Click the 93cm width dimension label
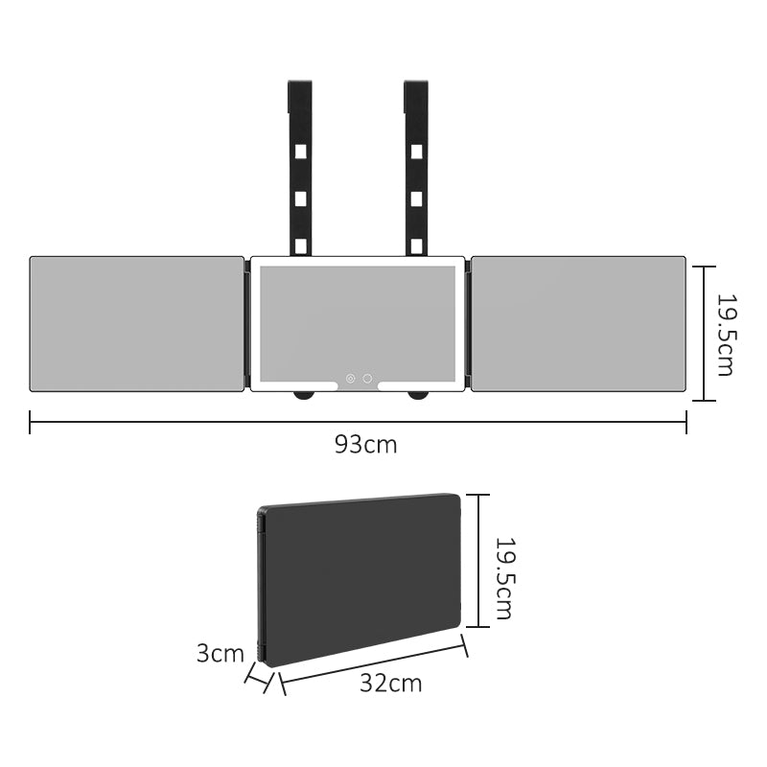[x=366, y=445]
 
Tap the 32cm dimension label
[x=391, y=683]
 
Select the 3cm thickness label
[x=221, y=653]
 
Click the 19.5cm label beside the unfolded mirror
[x=726, y=334]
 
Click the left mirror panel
[x=137, y=324]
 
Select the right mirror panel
[x=578, y=324]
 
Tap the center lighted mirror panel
[x=358, y=324]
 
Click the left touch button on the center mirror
[x=350, y=378]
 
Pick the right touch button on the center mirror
[x=367, y=378]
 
